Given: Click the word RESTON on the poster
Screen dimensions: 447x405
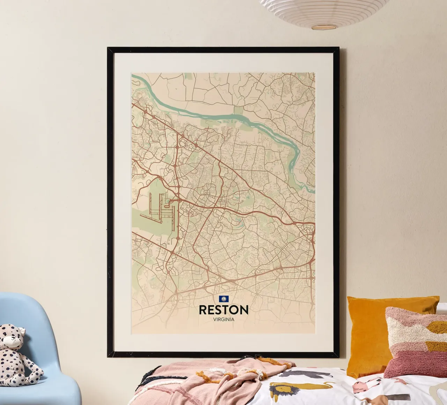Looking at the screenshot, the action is [x=223, y=310].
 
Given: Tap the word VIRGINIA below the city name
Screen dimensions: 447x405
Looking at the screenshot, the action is [x=223, y=319].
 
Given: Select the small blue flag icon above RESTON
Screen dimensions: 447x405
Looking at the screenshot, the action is [x=223, y=299].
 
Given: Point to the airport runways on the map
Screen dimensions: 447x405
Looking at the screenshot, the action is [x=161, y=209].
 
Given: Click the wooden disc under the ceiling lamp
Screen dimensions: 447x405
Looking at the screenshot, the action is [x=323, y=27].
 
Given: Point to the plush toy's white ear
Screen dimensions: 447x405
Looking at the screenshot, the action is [x=21, y=330].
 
